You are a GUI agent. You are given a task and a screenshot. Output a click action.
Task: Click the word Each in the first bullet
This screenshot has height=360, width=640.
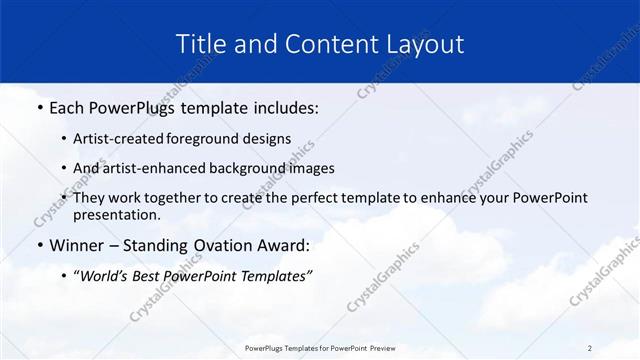pos(67,107)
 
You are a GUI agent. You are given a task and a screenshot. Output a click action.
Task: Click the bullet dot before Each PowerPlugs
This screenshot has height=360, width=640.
pos(38,107)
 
